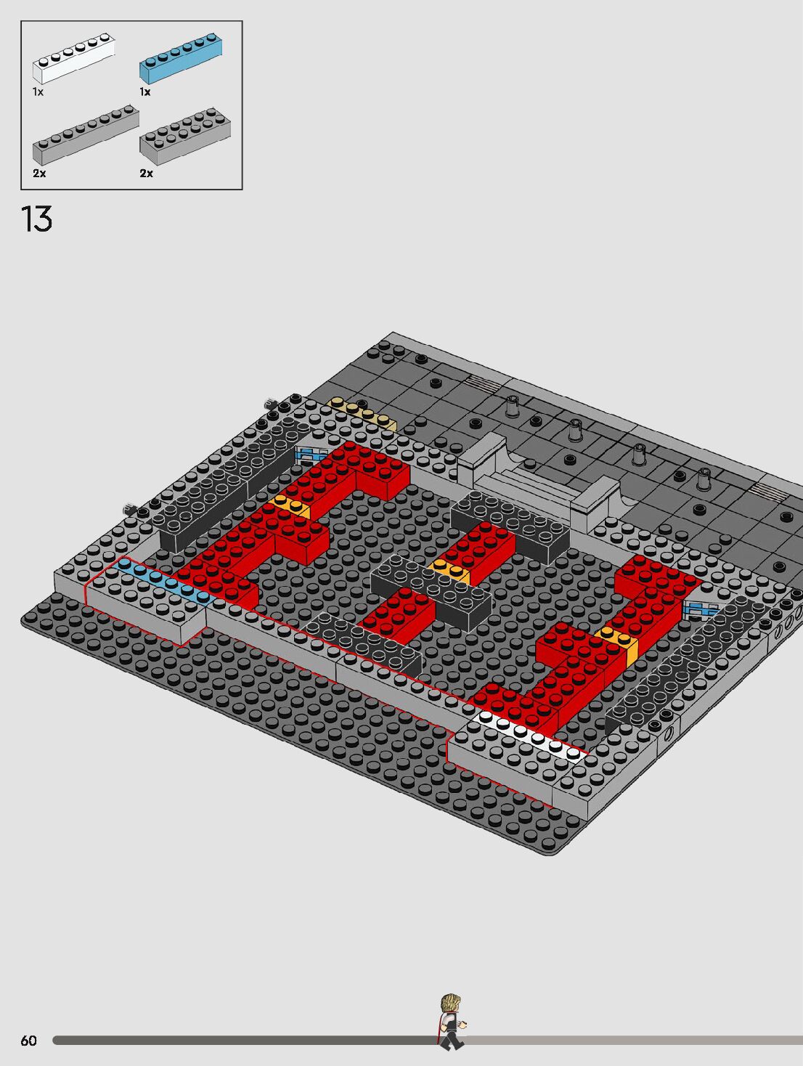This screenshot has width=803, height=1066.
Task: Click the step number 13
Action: coord(36,219)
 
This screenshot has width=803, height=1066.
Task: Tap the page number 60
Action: coord(28,1041)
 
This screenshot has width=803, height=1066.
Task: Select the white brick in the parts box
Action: coord(74,58)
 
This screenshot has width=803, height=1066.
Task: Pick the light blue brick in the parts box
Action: coord(181,58)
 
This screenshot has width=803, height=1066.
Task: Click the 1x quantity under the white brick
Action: coord(38,91)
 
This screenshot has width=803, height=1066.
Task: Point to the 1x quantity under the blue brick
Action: coord(144,91)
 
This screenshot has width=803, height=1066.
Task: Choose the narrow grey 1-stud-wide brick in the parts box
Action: coord(86,135)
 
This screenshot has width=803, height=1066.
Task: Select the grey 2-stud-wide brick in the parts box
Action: coord(185,137)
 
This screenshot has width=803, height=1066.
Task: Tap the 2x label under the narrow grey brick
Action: coord(39,174)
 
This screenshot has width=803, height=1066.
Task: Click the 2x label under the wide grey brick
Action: coord(146,174)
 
